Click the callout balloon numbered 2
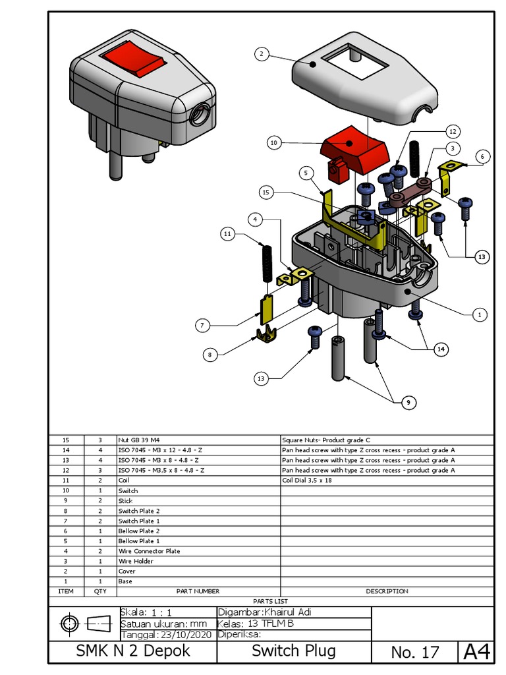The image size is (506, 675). tap(262, 54)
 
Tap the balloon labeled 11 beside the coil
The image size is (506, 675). tap(227, 233)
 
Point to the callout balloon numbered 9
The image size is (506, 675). tap(408, 402)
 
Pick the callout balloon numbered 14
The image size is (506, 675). tap(440, 350)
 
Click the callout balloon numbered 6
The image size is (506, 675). tap(482, 156)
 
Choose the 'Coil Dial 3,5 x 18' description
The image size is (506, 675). tap(306, 481)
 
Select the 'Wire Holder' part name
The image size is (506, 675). tap(136, 561)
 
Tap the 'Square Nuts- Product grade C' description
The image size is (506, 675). tap(325, 440)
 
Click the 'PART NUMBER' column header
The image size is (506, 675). tap(198, 591)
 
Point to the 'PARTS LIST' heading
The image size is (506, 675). tap(271, 601)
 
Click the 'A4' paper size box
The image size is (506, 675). tap(476, 652)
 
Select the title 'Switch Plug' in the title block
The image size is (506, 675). tap(294, 651)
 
